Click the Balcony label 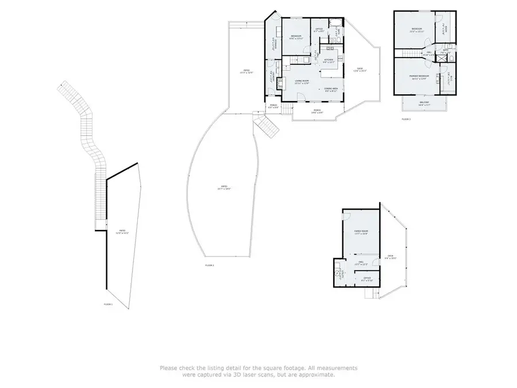click(x=425, y=105)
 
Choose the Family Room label click(x=361, y=232)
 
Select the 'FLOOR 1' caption click(x=108, y=304)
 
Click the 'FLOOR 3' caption click(x=406, y=119)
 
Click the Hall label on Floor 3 click(x=429, y=53)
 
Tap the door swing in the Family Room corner click(x=346, y=217)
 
